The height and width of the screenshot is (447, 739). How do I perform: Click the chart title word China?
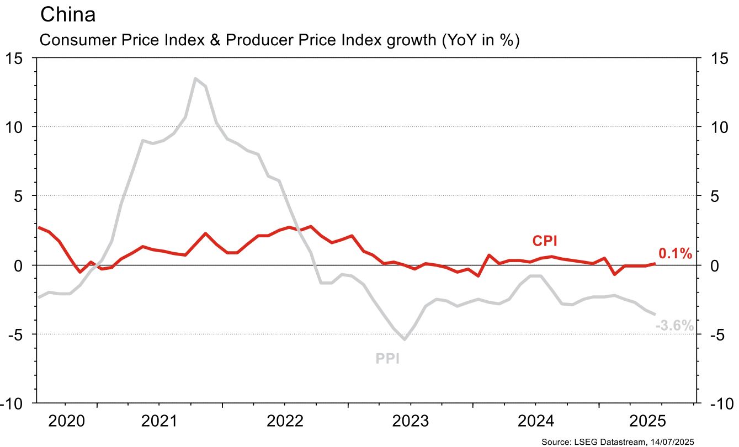tap(68, 15)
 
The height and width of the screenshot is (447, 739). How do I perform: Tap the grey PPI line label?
tap(387, 359)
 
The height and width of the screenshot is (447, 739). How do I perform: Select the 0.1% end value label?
tap(675, 254)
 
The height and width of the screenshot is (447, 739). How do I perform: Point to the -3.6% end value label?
tap(674, 326)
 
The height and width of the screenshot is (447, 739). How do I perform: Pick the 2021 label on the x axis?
tap(160, 422)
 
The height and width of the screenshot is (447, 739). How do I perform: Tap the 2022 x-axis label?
tap(285, 422)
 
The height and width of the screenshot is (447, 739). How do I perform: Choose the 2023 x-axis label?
tap(410, 422)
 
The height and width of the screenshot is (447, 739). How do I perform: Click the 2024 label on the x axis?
tap(535, 422)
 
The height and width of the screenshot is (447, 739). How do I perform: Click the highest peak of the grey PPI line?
tap(195, 78)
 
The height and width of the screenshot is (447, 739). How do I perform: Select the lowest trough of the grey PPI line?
tap(405, 339)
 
